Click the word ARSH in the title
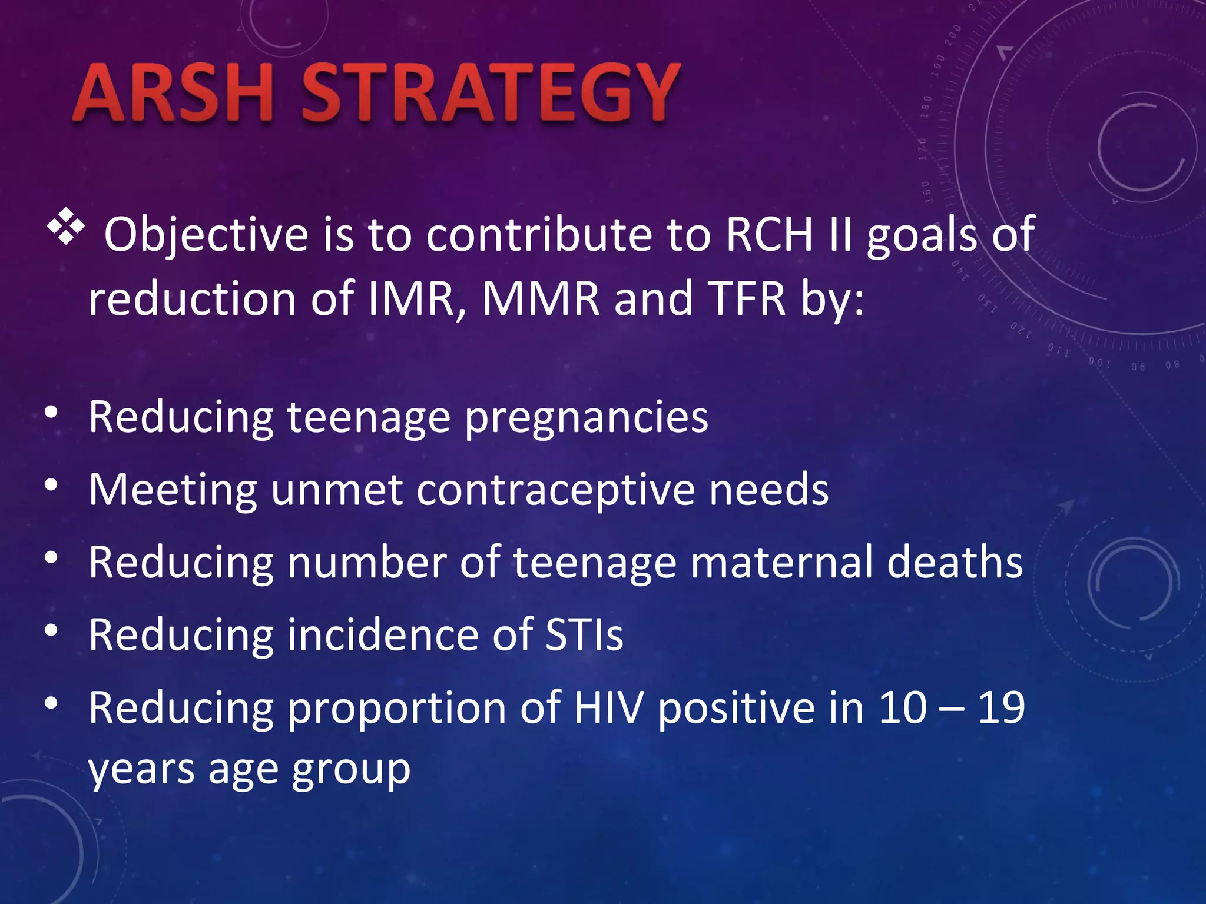pos(174,93)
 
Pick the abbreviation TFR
pos(746,299)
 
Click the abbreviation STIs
pos(584,635)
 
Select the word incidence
pos(382,635)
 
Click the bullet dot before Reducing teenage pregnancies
pos(52,413)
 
